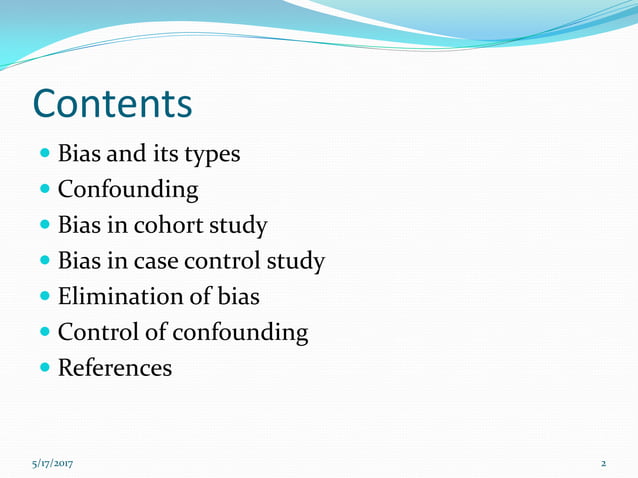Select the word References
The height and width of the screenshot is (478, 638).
[x=115, y=368]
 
